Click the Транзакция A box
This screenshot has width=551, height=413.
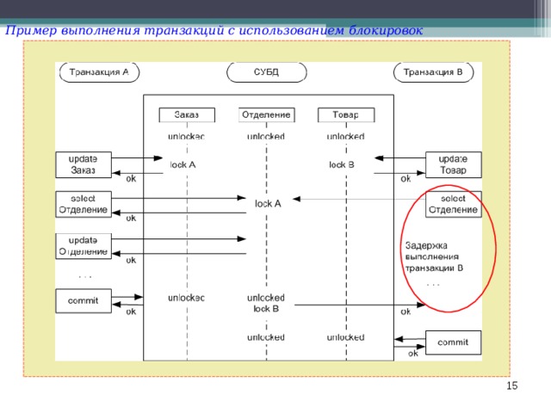(98, 72)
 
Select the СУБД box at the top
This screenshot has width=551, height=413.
(267, 72)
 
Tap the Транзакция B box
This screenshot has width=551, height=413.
(433, 72)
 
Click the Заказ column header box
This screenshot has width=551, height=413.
(187, 115)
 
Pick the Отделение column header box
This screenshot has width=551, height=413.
(267, 115)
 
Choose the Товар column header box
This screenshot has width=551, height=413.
(345, 115)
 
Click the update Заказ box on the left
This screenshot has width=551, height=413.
(84, 163)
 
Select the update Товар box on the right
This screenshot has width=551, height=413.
(454, 163)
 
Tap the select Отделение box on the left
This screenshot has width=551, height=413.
(84, 204)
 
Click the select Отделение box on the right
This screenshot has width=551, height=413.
(454, 204)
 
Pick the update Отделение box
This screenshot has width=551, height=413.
(84, 245)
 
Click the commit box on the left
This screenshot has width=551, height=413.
(84, 300)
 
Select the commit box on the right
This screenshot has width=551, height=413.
(454, 342)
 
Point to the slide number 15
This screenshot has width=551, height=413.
(511, 386)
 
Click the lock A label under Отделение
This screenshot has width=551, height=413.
(268, 204)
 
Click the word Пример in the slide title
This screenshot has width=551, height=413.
(28, 31)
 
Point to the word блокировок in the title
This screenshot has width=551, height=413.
(385, 31)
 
